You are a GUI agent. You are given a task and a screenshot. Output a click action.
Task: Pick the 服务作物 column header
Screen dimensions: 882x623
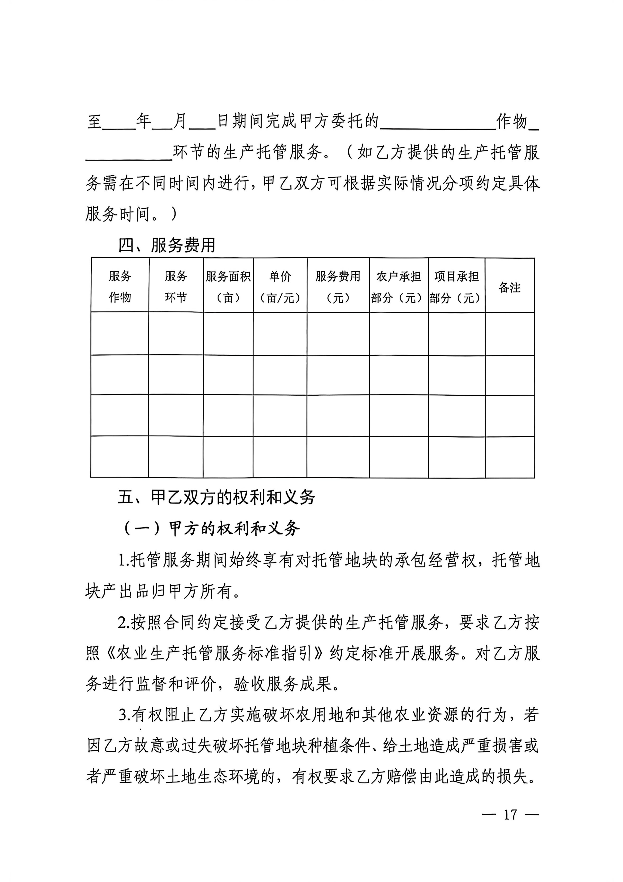(x=120, y=286)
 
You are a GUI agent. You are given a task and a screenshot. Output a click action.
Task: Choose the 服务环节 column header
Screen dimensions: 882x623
(x=176, y=286)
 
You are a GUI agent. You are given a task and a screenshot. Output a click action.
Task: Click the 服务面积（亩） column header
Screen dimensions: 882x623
(x=228, y=286)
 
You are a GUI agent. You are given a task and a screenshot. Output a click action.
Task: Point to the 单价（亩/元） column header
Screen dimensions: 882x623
(x=280, y=286)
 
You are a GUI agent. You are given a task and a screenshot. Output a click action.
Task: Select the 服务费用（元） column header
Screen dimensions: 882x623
(x=338, y=286)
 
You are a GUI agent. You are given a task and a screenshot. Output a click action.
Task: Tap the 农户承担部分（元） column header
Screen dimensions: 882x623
(x=399, y=286)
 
